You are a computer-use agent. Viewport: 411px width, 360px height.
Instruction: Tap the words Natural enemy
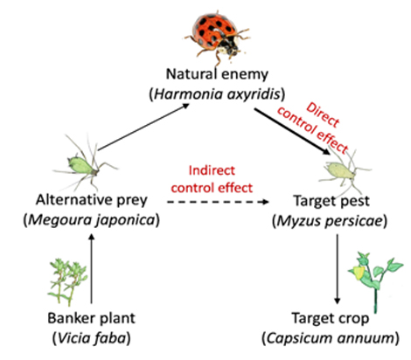pyautogui.click(x=217, y=74)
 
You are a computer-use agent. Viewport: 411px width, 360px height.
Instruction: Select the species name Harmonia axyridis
pyautogui.click(x=217, y=94)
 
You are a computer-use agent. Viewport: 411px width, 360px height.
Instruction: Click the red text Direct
pyautogui.click(x=323, y=114)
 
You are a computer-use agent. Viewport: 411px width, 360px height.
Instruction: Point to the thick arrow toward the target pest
pyautogui.click(x=292, y=131)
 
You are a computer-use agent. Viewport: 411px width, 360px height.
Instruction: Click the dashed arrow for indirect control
pyautogui.click(x=218, y=202)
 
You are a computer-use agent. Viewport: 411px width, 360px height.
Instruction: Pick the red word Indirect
pyautogui.click(x=212, y=170)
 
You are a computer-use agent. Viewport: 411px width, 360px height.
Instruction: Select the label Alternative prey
pyautogui.click(x=92, y=200)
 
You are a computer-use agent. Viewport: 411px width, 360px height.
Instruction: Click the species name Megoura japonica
pyautogui.click(x=92, y=220)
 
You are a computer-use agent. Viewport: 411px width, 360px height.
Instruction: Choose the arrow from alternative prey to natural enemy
pyautogui.click(x=143, y=127)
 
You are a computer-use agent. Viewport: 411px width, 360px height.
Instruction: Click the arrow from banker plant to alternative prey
pyautogui.click(x=92, y=268)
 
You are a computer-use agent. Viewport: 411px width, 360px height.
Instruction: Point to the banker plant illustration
pyautogui.click(x=67, y=282)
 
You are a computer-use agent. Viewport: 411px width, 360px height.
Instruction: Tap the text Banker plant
pyautogui.click(x=92, y=318)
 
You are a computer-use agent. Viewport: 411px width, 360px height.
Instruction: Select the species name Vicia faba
pyautogui.click(x=92, y=338)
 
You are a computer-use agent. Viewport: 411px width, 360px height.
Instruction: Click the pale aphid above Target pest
pyautogui.click(x=344, y=171)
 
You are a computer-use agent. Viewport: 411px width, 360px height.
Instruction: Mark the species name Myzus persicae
pyautogui.click(x=330, y=221)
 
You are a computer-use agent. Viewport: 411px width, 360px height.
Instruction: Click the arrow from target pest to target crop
pyautogui.click(x=338, y=269)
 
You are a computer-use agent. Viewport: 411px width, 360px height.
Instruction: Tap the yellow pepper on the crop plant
pyautogui.click(x=359, y=273)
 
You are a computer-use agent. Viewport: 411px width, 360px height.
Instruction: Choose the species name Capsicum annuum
pyautogui.click(x=331, y=338)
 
